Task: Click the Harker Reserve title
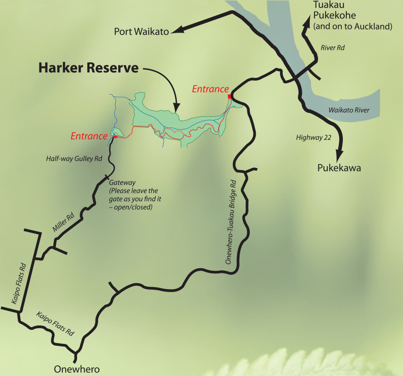coord(88,68)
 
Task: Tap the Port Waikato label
coord(141,31)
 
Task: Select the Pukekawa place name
coord(339,168)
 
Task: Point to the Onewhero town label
coord(77,369)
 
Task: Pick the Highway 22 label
coord(313,137)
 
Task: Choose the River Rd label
coord(333,48)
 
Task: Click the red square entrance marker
coord(229,96)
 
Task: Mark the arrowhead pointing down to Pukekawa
coord(340,154)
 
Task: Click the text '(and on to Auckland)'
coord(353,27)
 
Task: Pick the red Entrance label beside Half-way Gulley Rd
coord(89,136)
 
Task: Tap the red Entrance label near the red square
coord(210,89)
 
